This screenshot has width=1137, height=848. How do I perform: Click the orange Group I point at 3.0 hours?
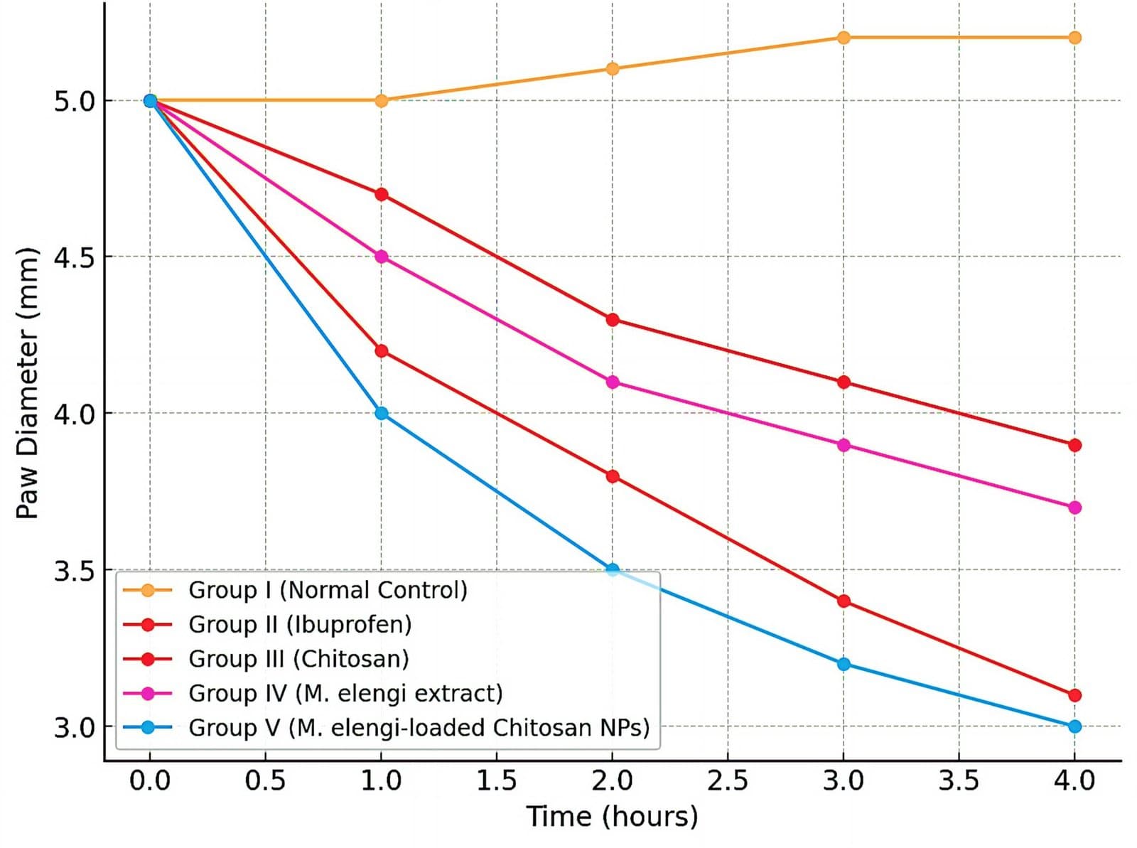point(844,38)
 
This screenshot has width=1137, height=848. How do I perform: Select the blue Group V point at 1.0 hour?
point(382,413)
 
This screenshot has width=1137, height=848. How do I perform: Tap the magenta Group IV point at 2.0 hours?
point(613,382)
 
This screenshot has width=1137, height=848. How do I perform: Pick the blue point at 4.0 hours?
point(1074,726)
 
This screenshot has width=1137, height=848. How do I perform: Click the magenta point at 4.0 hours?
point(1074,508)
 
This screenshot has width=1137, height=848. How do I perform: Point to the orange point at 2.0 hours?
point(613,69)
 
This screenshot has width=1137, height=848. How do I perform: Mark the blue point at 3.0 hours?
point(844,664)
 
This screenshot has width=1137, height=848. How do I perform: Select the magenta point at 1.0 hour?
point(382,257)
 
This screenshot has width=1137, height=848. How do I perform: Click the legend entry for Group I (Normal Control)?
point(328,590)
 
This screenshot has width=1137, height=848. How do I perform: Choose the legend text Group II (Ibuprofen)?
point(300,624)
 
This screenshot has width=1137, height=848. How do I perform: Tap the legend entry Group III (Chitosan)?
point(298,659)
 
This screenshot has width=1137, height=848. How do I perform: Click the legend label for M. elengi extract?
point(345,693)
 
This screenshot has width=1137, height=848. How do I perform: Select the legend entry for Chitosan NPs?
point(419,727)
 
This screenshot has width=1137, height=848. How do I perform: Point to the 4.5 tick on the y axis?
point(75,257)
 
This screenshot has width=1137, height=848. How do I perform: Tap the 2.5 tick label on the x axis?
point(728,781)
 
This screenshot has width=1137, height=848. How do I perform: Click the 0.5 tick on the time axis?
point(265,781)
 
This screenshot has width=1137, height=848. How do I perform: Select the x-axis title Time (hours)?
point(612,816)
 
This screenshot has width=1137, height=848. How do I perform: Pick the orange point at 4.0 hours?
point(1074,38)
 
